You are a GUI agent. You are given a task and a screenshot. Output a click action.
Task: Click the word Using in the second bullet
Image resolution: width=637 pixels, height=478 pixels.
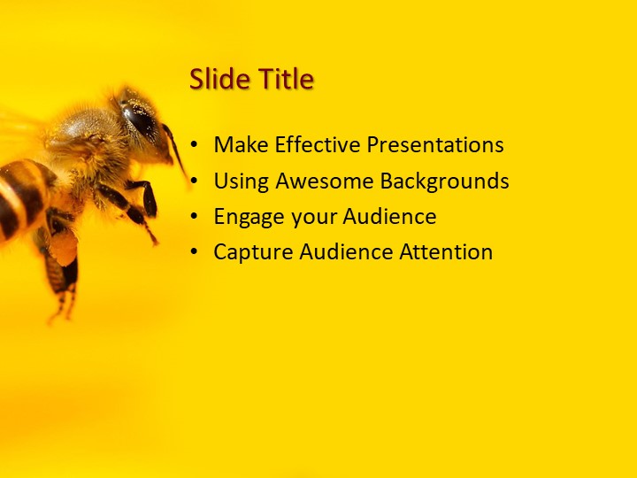point(242,181)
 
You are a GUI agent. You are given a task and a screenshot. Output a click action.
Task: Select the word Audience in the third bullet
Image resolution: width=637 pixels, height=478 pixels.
point(389,217)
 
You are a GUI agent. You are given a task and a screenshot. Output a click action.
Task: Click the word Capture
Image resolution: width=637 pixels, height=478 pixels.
point(253,252)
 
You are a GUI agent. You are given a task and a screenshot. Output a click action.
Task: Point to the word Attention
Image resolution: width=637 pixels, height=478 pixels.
point(446,252)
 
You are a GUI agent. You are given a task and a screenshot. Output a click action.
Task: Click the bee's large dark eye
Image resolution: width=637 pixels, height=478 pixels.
point(140,120)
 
